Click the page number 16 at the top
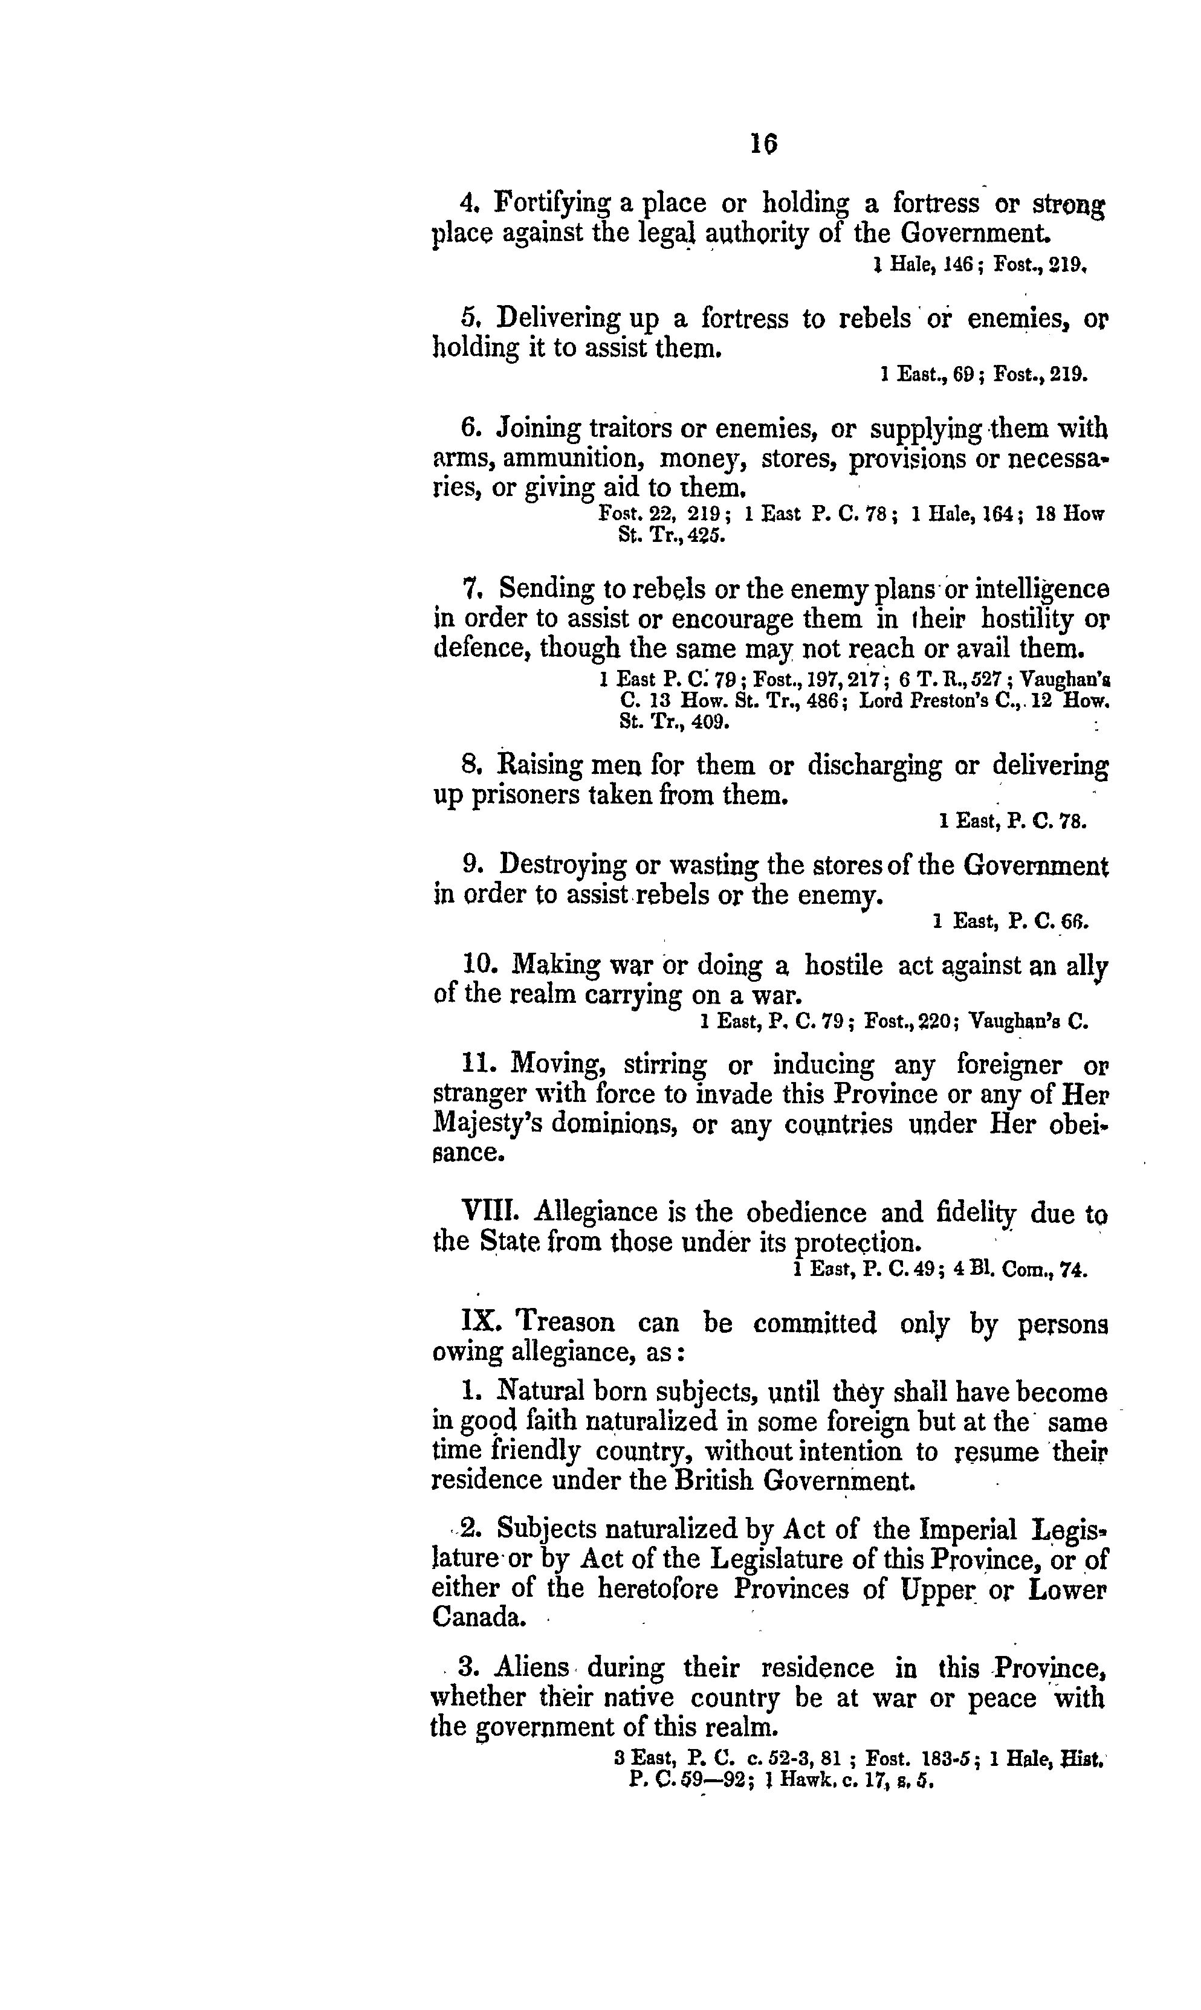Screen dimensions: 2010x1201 (763, 143)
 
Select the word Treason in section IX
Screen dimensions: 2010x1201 (566, 1322)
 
